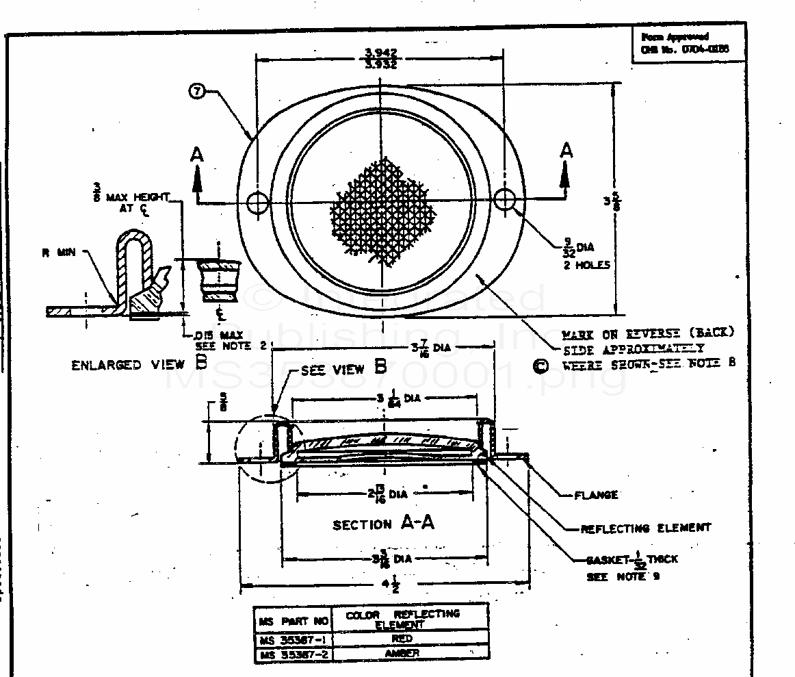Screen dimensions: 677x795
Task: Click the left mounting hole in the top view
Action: coord(258,202)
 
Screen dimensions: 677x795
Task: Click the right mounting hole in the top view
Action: coord(505,199)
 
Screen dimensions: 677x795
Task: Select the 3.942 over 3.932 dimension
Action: coord(381,58)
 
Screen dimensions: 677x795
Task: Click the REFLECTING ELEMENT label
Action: coord(645,528)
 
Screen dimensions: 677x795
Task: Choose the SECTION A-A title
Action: coord(383,524)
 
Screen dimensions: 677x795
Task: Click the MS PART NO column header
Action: coord(293,622)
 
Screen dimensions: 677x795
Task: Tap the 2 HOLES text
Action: coord(586,265)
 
